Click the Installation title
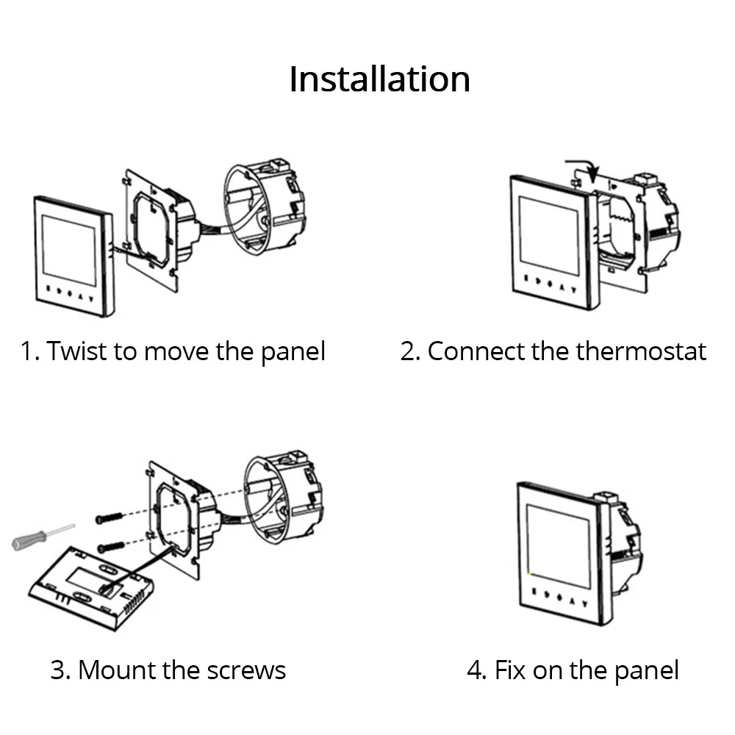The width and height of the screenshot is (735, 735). tap(379, 79)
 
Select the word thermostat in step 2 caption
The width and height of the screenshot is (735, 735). tap(641, 351)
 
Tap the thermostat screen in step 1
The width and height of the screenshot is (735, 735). tap(69, 250)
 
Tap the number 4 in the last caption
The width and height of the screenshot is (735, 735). tap(475, 670)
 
